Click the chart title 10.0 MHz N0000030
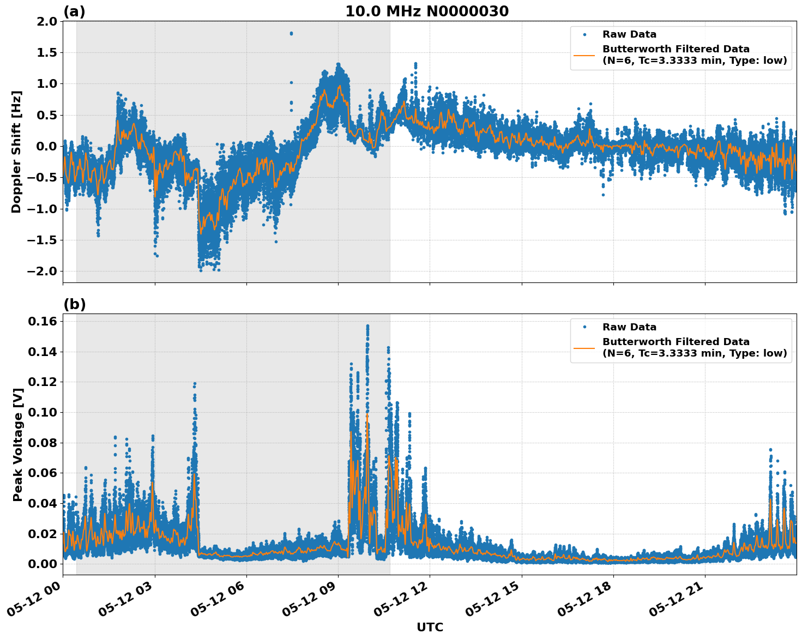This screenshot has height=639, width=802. point(426,11)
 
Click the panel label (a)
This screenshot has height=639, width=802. point(74,11)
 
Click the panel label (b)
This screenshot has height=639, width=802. point(74,304)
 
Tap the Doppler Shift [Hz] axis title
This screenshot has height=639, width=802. point(16,152)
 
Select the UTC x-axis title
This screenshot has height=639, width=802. point(430,627)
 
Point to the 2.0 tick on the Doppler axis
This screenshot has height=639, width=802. point(46,21)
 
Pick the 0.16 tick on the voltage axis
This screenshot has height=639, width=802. point(43,322)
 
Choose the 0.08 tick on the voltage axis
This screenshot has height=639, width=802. point(43,443)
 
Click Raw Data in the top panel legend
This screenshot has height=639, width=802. point(629,34)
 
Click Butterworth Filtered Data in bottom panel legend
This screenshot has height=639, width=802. point(676,342)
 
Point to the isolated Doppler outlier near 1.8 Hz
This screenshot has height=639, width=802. point(291,33)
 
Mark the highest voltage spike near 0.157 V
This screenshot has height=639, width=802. point(367,326)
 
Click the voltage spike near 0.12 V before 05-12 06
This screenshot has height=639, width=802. point(194,384)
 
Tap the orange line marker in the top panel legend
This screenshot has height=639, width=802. point(584,55)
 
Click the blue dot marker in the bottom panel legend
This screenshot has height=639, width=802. point(584,327)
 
